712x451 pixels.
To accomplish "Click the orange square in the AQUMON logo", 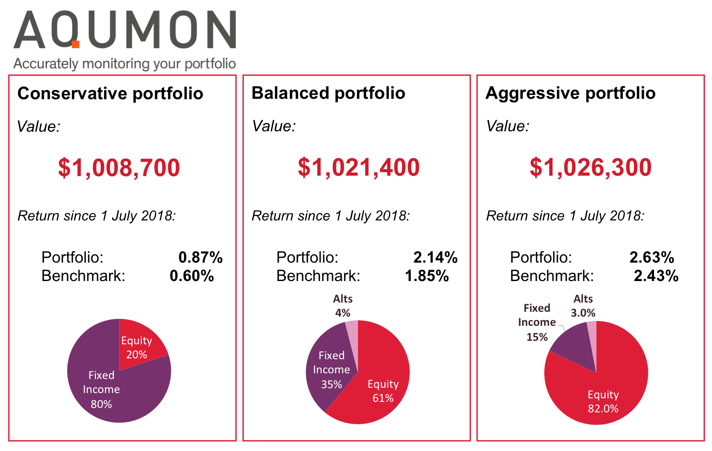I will click(x=76, y=44).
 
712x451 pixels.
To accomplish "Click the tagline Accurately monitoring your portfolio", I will click(x=124, y=64).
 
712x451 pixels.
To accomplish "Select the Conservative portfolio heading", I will click(x=110, y=94).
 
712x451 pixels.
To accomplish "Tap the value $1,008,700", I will click(x=119, y=168).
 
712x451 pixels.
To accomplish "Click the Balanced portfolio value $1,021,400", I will click(x=358, y=167).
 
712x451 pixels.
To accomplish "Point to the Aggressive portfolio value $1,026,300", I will click(x=590, y=167).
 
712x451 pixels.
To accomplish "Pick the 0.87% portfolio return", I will click(x=200, y=257).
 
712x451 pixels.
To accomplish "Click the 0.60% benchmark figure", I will click(x=192, y=276).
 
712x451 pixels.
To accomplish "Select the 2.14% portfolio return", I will click(x=435, y=257).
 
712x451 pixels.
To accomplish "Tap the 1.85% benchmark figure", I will click(x=426, y=276).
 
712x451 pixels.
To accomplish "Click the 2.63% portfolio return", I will click(x=651, y=257).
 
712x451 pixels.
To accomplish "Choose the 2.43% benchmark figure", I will click(x=656, y=276).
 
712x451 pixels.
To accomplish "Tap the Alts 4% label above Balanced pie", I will click(x=343, y=306).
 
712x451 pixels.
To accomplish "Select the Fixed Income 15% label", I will click(x=537, y=322).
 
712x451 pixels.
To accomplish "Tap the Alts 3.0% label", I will click(x=583, y=306).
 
